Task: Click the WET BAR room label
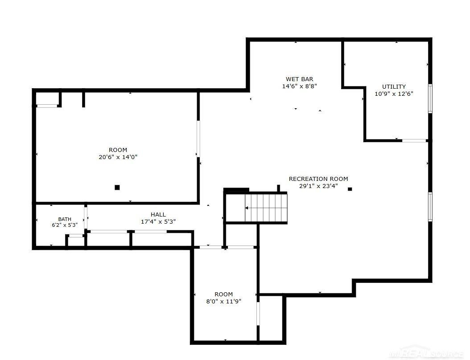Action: [x=300, y=79]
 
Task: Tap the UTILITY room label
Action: [x=394, y=86]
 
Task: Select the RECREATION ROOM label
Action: [x=318, y=179]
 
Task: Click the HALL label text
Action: [x=158, y=214]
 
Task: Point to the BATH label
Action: [x=65, y=219]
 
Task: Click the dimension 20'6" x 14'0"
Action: [x=118, y=157]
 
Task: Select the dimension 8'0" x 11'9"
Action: [x=223, y=301]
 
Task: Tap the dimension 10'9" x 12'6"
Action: [x=394, y=94]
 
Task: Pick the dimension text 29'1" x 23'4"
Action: [x=318, y=186]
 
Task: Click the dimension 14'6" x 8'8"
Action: [x=300, y=86]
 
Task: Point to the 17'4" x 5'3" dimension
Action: [x=158, y=221]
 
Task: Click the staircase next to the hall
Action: [x=266, y=208]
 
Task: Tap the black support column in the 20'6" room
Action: [x=117, y=188]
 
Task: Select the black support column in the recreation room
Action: [x=350, y=189]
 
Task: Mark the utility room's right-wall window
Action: [x=430, y=98]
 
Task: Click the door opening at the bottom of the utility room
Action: [x=414, y=140]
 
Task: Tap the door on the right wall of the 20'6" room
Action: [x=198, y=139]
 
